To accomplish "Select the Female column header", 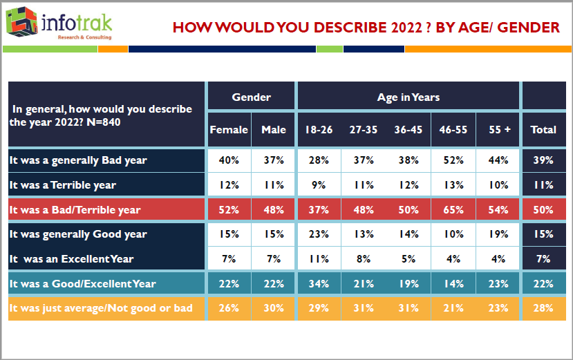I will (x=229, y=129).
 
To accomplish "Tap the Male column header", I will (x=274, y=129).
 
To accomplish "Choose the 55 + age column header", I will (x=497, y=129).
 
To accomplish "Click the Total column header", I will (x=543, y=129).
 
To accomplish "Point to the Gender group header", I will (x=251, y=97).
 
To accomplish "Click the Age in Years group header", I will (x=408, y=97).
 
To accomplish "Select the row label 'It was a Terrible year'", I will (x=63, y=184).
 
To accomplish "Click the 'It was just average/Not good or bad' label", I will (x=101, y=307).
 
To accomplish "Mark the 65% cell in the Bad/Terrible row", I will (x=453, y=209).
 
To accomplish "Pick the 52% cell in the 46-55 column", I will (x=453, y=160).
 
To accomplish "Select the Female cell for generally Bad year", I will (x=229, y=160).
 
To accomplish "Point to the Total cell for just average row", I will (x=543, y=307).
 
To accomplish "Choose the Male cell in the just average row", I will (x=274, y=307).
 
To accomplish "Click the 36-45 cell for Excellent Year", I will (x=407, y=258).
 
